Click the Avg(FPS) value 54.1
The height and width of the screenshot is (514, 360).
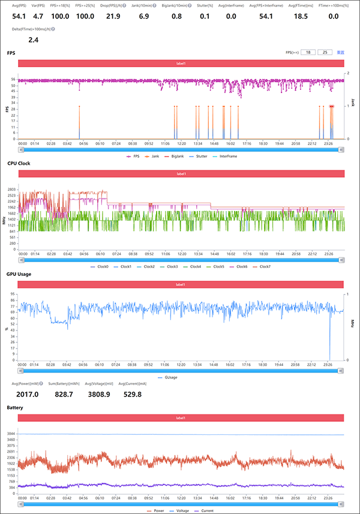[x=19, y=16]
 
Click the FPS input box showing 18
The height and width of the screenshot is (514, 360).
[x=308, y=53]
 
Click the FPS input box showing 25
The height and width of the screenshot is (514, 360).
[x=325, y=53]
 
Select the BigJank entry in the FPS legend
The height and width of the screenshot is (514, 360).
[x=176, y=156]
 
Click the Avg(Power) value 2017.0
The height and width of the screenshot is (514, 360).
[x=27, y=394]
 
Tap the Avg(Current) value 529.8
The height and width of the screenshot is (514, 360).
[x=131, y=394]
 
